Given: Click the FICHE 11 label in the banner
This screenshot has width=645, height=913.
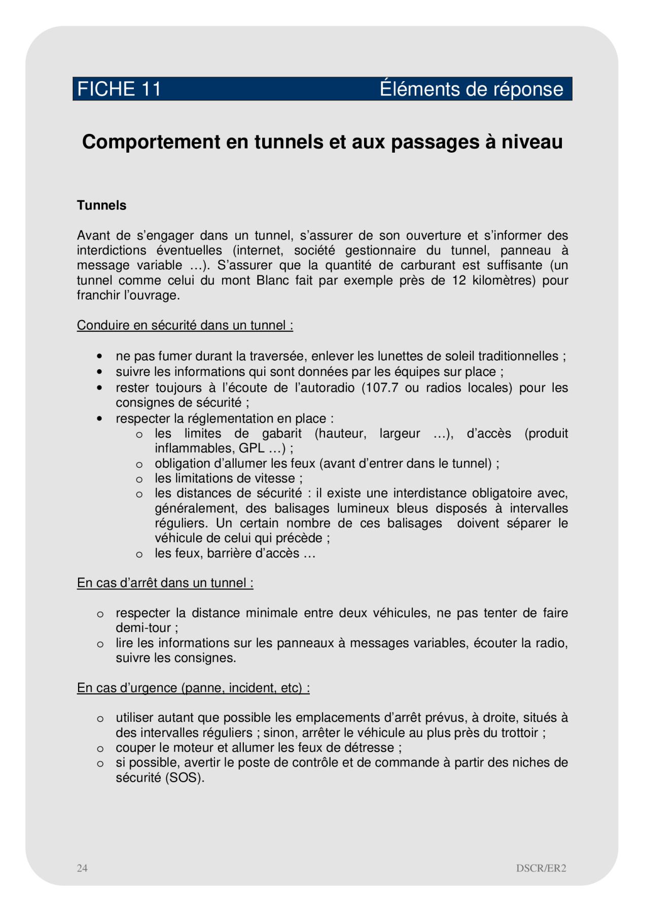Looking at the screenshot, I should tap(119, 89).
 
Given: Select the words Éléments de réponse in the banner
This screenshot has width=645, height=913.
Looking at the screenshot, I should tap(471, 89).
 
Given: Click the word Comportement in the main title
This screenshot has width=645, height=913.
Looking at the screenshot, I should tap(151, 142).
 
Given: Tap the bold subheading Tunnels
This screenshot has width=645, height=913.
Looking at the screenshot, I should tap(101, 205).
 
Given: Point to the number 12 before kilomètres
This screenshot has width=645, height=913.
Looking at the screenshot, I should tap(459, 280).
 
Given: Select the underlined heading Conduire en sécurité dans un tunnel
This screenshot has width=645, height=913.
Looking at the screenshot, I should tap(185, 325).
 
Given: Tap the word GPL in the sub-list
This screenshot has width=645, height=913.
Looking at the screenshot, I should tap(252, 448).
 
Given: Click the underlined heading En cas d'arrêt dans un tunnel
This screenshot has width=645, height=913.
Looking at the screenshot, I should tap(165, 583).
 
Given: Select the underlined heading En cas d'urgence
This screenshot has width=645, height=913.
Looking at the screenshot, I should tap(193, 688).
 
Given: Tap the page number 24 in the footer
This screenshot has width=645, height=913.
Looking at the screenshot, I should tap(82, 868).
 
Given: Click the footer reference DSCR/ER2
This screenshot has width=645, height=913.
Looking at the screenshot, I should tap(541, 868).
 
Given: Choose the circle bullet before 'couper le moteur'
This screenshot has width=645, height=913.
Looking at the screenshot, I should tap(100, 749).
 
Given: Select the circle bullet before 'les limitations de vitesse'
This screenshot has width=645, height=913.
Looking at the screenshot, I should tap(139, 479).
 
